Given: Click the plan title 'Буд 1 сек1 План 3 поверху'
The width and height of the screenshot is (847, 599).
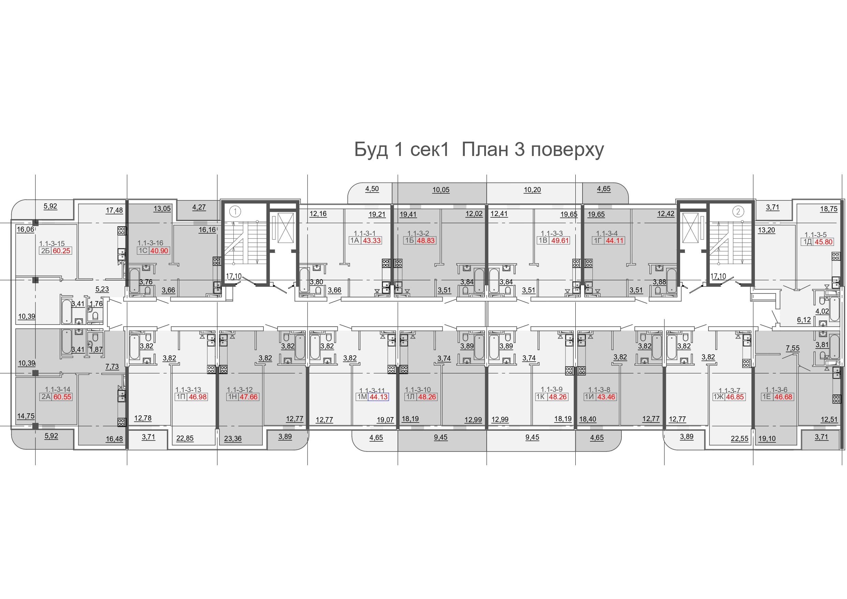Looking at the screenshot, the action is [x=479, y=150].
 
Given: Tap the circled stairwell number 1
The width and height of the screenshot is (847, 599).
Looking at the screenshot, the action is [x=235, y=212].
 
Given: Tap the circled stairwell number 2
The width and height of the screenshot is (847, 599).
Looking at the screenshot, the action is [x=738, y=212].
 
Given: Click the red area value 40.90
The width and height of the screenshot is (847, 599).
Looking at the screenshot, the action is [x=159, y=251].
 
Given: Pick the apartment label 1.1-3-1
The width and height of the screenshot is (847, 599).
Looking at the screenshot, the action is [x=364, y=233].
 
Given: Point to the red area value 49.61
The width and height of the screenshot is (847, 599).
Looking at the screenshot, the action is [x=560, y=241].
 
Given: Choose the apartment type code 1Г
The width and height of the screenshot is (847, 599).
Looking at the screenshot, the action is [x=598, y=241].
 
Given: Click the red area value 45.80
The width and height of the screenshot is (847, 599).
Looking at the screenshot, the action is [x=824, y=242].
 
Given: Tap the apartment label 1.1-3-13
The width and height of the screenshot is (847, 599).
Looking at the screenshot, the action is [x=188, y=390].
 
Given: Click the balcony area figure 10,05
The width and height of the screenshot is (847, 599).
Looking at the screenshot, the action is [x=441, y=190].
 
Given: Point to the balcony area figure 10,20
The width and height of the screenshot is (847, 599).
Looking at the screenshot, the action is [x=532, y=190].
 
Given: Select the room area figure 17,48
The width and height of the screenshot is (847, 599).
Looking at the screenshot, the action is [x=114, y=210].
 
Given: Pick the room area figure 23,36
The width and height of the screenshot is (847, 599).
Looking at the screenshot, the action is [x=233, y=439].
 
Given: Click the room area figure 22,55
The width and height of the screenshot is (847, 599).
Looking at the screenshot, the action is [x=740, y=439].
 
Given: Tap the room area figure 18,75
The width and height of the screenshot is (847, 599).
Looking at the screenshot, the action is [x=829, y=209].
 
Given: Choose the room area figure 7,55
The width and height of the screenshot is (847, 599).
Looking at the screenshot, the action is [x=792, y=348].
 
